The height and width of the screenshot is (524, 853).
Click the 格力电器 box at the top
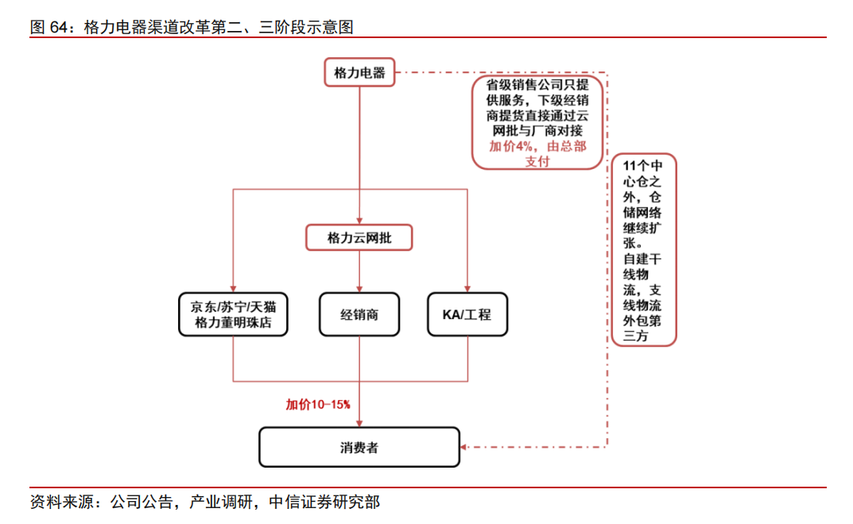point(359,72)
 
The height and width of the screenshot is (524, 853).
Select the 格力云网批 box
point(359,237)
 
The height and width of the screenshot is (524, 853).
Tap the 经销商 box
point(359,314)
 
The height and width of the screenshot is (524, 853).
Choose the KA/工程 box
point(467,314)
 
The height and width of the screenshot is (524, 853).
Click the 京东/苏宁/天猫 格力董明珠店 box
point(232,314)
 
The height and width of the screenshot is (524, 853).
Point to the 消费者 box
point(359,447)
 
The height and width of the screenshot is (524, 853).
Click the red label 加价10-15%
point(318,404)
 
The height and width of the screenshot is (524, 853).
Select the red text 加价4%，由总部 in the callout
point(537,146)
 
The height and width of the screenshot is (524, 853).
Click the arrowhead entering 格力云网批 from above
point(359,222)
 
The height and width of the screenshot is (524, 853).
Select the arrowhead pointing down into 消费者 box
point(359,423)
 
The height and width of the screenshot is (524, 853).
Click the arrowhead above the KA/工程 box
point(467,289)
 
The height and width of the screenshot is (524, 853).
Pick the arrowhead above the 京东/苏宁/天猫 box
point(232,289)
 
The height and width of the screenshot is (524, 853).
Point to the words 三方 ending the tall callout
point(637,337)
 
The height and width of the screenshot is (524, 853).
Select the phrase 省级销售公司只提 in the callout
point(537,84)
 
